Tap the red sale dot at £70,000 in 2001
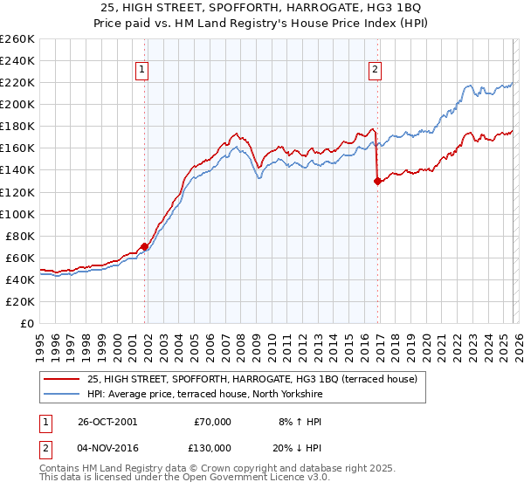144,246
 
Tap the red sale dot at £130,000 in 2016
377,181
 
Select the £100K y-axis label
17,214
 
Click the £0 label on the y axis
27,323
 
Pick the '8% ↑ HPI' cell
299,422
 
